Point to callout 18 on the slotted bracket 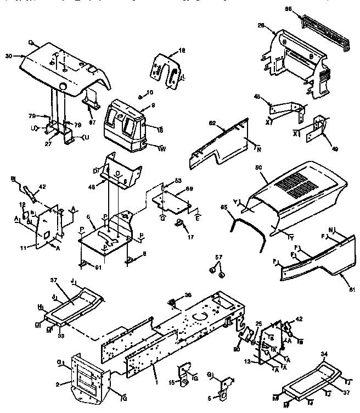point(182,50)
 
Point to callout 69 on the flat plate point(189,189)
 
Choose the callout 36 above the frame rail point(189,295)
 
